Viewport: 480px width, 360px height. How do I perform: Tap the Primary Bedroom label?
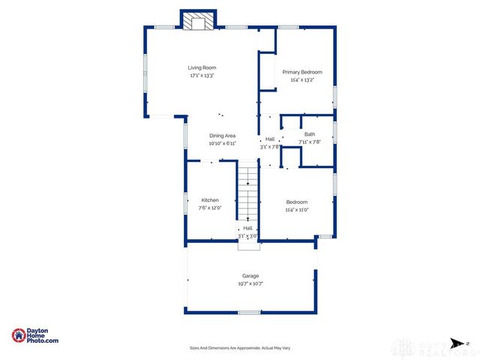pos(298,72)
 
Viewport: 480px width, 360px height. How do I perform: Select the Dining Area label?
pos(222,136)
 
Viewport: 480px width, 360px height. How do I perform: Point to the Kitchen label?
pos(210,200)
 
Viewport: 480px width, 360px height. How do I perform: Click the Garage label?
pos(250,276)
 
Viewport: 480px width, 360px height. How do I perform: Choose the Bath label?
pos(310,134)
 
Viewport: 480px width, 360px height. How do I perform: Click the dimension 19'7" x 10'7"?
pos(250,284)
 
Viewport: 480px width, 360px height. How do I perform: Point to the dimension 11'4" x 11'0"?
pos(297,210)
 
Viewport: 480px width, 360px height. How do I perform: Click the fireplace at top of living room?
pos(198,20)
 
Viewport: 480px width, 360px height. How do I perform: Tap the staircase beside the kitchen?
pos(247,196)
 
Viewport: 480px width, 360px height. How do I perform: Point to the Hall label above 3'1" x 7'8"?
pos(270,139)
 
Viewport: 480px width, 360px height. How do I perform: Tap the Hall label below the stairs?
pos(247,227)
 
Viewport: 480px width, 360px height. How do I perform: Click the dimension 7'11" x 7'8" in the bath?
pos(310,142)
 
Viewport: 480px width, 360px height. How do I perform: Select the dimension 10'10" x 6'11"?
pos(222,143)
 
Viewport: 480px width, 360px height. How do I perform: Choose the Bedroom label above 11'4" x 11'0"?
pos(297,202)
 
